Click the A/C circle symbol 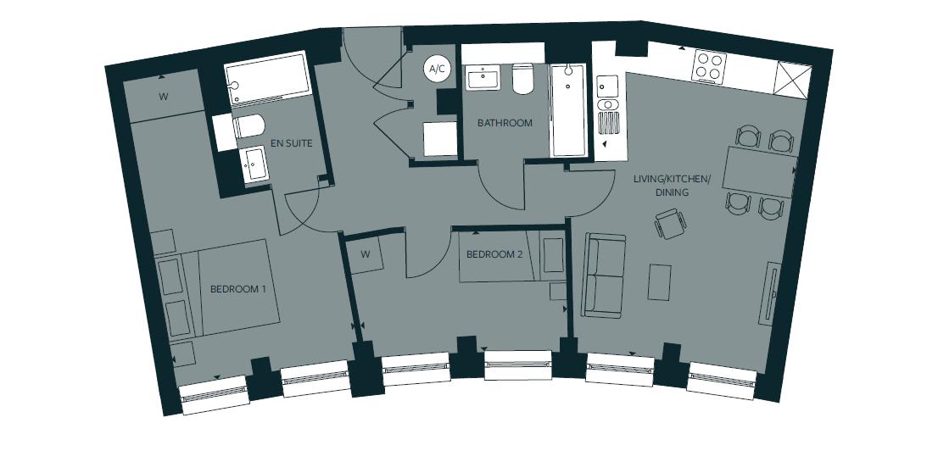[438, 70]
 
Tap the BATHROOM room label [505, 123]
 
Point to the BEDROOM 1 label [238, 289]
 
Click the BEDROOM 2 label [494, 253]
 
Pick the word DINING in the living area [671, 192]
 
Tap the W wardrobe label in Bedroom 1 [163, 97]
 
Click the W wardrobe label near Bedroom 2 [364, 254]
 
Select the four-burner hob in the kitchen [709, 67]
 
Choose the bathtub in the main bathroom [568, 110]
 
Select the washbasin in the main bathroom [486, 79]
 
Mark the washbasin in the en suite [254, 164]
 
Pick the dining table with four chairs [759, 172]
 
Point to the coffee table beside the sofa [659, 282]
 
